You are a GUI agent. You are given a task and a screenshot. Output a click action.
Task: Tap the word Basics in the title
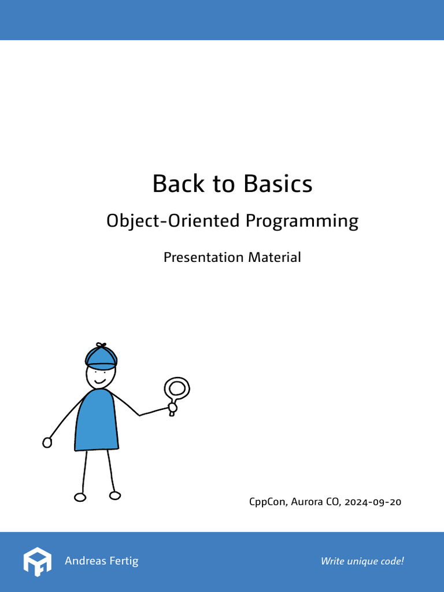pyautogui.click(x=278, y=184)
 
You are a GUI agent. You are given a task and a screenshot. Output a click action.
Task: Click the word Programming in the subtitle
pyautogui.click(x=302, y=221)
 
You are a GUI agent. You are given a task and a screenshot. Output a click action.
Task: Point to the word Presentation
pyautogui.click(x=203, y=257)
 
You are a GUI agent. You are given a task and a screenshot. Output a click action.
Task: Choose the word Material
pyautogui.click(x=275, y=257)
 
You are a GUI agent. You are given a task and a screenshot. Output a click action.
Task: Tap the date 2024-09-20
pyautogui.click(x=373, y=502)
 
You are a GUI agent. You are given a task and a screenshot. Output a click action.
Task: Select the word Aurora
pyautogui.click(x=306, y=502)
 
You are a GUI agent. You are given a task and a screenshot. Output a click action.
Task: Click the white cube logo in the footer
pyautogui.click(x=38, y=561)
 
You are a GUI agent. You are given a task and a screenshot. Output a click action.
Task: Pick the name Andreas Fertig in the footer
pyautogui.click(x=102, y=561)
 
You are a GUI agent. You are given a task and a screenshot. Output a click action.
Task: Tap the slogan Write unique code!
pyautogui.click(x=362, y=561)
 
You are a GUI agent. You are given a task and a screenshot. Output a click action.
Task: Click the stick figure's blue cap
pyautogui.click(x=101, y=358)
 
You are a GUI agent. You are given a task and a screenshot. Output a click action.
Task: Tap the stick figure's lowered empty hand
pyautogui.click(x=47, y=442)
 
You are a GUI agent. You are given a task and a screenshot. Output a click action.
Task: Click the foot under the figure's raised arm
pyautogui.click(x=115, y=495)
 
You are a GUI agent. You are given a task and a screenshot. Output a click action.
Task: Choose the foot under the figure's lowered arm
pyautogui.click(x=80, y=497)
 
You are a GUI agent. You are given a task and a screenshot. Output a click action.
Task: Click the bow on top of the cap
pyautogui.click(x=101, y=346)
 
